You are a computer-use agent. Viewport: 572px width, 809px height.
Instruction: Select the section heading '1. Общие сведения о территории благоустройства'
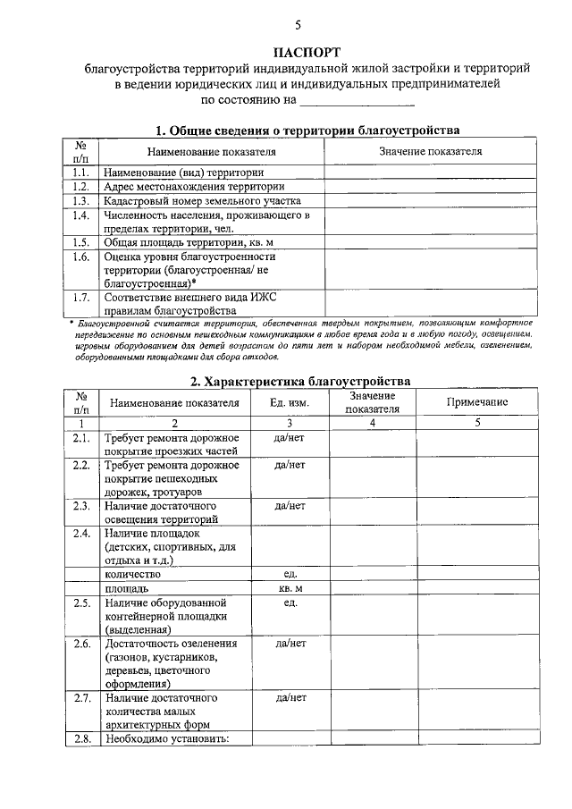click(307, 130)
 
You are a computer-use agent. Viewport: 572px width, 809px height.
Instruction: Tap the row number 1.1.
click(80, 172)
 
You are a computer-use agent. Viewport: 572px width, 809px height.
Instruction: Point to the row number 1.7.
click(80, 298)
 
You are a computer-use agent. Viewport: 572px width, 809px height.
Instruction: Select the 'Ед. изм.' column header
click(291, 402)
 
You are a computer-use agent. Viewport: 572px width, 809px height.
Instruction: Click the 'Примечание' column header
click(476, 402)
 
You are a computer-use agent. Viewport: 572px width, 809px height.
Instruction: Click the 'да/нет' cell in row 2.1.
click(291, 438)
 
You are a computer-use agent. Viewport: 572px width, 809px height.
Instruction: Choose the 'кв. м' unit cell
click(291, 589)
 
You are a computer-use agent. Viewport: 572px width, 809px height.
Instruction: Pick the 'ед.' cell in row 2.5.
click(291, 603)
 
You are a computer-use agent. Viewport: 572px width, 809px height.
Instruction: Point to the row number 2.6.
click(80, 644)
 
